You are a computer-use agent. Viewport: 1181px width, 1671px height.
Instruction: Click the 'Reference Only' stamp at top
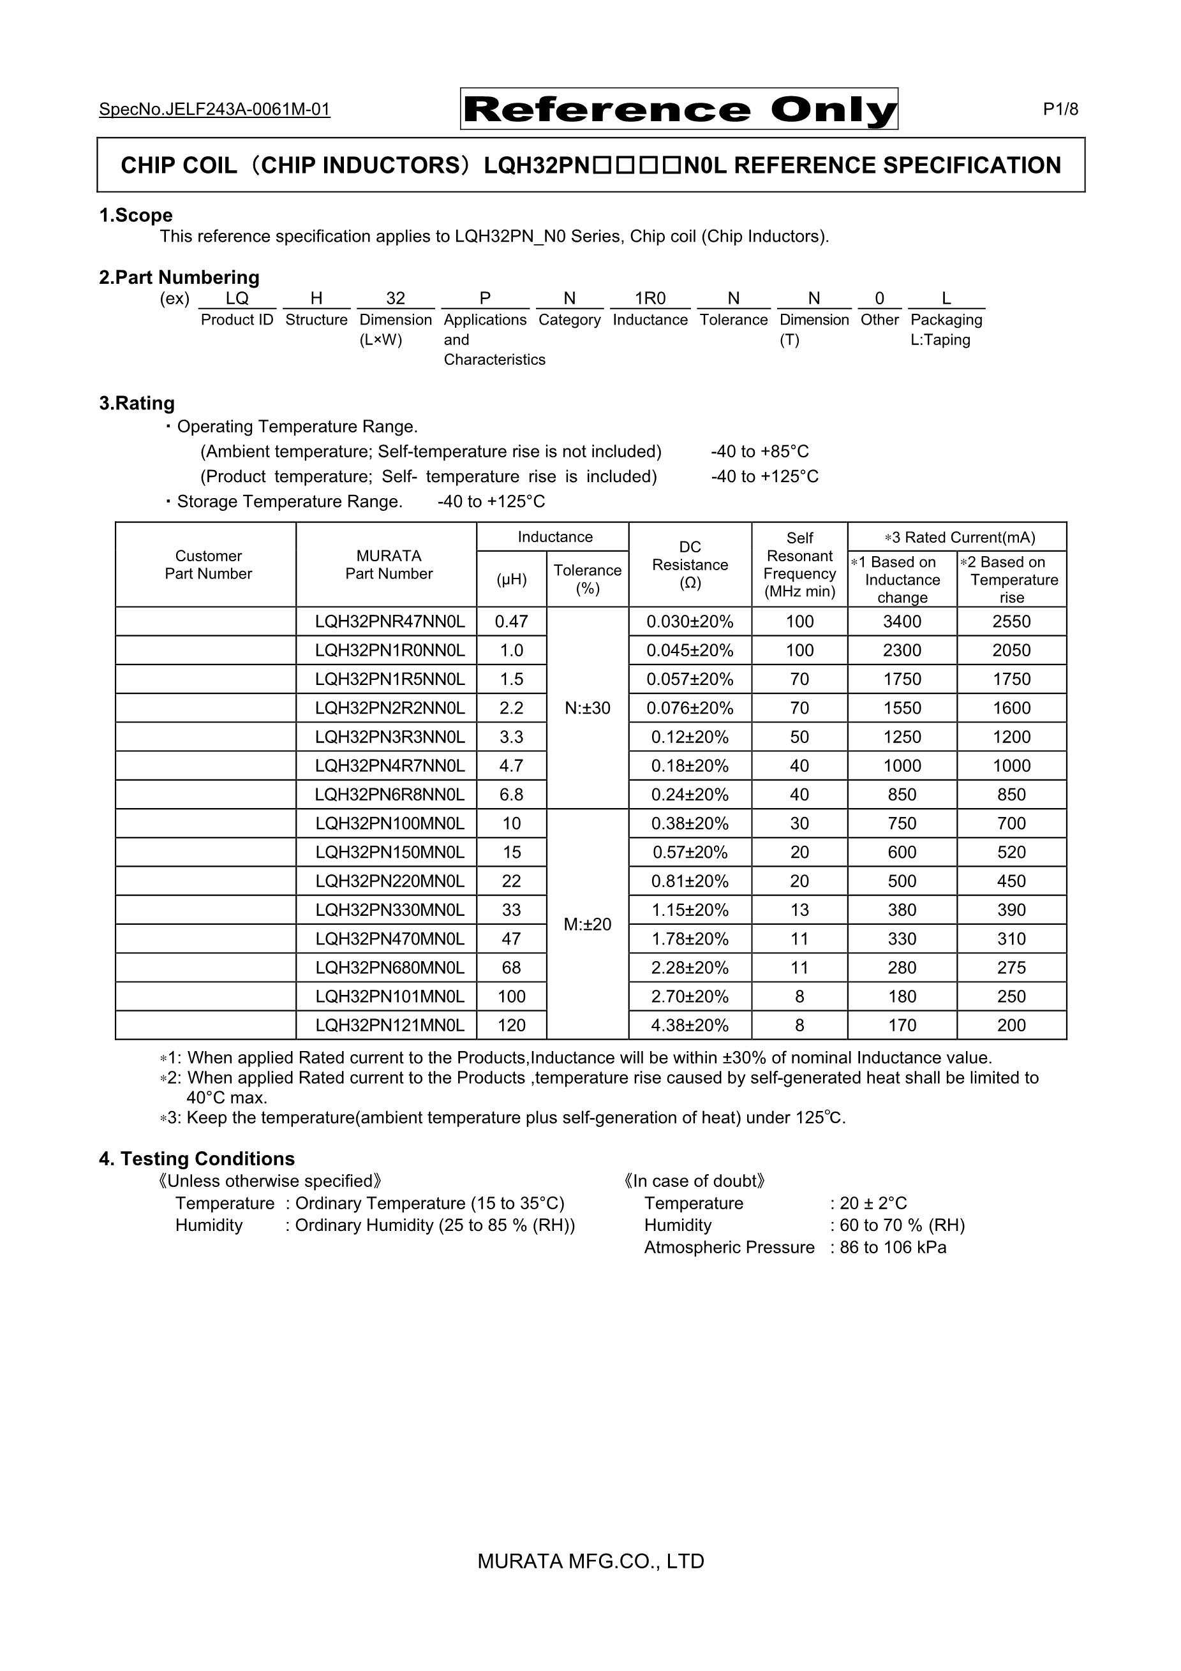pos(679,109)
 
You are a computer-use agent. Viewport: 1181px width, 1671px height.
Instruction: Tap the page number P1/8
pos(1060,109)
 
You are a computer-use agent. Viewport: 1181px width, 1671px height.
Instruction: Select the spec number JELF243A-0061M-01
pos(215,109)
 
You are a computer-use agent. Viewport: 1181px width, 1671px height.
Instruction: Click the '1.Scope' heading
pos(135,216)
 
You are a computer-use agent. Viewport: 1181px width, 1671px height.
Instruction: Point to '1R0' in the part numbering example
pos(650,298)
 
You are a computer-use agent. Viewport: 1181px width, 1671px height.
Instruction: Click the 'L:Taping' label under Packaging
pos(940,340)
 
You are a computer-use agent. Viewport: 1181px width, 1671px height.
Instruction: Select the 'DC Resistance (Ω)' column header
pos(690,565)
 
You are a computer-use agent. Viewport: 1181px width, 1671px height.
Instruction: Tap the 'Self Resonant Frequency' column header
pos(799,565)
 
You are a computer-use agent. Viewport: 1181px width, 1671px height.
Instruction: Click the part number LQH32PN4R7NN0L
pos(390,765)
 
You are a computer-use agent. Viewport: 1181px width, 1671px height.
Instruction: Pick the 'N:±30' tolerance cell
pos(588,708)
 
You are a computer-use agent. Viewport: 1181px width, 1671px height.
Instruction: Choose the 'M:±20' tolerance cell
pos(588,924)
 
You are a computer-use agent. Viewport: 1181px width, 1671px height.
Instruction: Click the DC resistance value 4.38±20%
pos(690,1026)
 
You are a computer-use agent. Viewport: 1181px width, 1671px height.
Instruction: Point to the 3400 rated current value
pos(902,622)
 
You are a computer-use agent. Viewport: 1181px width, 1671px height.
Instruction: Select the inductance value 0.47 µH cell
pos(511,622)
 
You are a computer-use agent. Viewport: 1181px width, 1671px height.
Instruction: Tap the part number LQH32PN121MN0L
pos(390,1026)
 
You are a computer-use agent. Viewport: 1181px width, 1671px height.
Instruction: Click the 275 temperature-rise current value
pos(1011,968)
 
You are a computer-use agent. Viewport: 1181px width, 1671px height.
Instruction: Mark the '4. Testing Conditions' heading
pos(197,1159)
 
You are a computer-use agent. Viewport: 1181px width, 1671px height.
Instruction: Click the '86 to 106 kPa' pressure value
pos(893,1247)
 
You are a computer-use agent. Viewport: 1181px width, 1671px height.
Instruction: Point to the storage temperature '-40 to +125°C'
pos(491,501)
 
